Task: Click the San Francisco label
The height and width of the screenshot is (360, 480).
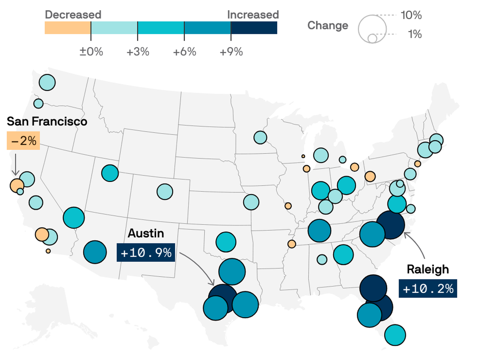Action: (x=47, y=121)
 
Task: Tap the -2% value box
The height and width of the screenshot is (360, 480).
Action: (x=23, y=141)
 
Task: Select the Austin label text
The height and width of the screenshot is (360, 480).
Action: (x=146, y=233)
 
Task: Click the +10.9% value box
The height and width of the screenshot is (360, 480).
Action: (x=146, y=253)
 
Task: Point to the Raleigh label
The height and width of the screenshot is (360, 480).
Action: (x=428, y=269)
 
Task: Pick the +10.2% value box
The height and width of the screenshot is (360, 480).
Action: (x=428, y=289)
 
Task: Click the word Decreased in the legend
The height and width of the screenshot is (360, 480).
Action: (x=73, y=15)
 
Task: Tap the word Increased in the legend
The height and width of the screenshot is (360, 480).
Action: (x=253, y=15)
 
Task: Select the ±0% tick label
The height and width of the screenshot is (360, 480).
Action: (x=91, y=52)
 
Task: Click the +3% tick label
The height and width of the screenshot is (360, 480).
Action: (x=138, y=52)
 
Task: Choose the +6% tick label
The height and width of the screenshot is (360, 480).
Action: (x=184, y=52)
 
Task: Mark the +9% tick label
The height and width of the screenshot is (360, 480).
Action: (x=231, y=52)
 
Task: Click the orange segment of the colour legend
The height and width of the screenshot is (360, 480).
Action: (x=68, y=28)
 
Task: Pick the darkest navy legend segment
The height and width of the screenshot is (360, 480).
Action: (x=254, y=28)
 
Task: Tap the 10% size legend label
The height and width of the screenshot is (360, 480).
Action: (x=411, y=15)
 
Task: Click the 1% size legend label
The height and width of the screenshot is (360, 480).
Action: (x=415, y=34)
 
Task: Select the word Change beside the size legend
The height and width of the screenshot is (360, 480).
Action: (x=328, y=25)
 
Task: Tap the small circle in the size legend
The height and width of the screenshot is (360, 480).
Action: (x=372, y=39)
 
